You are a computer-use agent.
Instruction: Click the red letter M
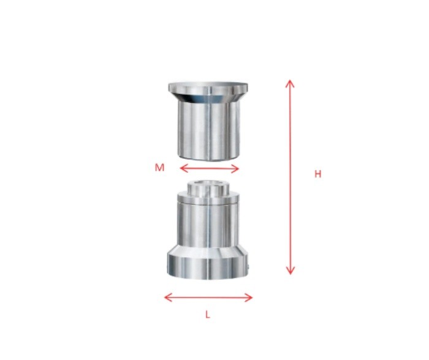159,167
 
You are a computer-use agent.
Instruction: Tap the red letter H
317,174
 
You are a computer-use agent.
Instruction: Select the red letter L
208,315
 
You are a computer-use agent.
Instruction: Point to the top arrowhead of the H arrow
290,82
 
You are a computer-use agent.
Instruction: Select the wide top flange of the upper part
208,86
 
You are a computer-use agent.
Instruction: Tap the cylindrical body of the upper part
208,129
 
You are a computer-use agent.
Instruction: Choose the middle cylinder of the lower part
208,223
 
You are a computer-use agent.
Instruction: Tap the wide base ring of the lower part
208,266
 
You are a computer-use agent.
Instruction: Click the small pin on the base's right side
251,266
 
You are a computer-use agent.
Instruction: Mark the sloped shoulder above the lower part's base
208,250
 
